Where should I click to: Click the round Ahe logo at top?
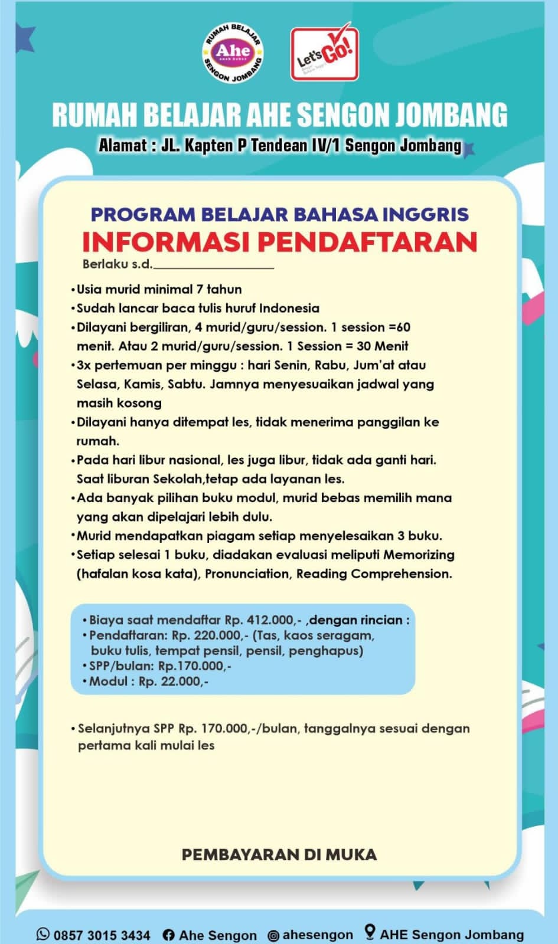pyautogui.click(x=233, y=53)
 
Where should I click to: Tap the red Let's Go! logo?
pyautogui.click(x=324, y=54)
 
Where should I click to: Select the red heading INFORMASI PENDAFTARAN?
pyautogui.click(x=279, y=242)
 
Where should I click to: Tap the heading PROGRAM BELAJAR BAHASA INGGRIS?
pyautogui.click(x=279, y=214)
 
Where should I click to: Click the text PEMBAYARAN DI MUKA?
pyautogui.click(x=279, y=854)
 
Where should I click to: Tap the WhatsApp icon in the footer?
pyautogui.click(x=43, y=934)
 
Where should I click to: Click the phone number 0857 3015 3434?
pyautogui.click(x=102, y=935)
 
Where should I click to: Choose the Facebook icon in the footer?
pyautogui.click(x=168, y=935)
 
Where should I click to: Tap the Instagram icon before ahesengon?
pyautogui.click(x=273, y=935)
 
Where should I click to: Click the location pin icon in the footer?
pyautogui.click(x=370, y=932)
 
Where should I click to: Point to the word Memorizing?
pyautogui.click(x=419, y=555)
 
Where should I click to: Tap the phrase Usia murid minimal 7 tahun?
pyautogui.click(x=159, y=289)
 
